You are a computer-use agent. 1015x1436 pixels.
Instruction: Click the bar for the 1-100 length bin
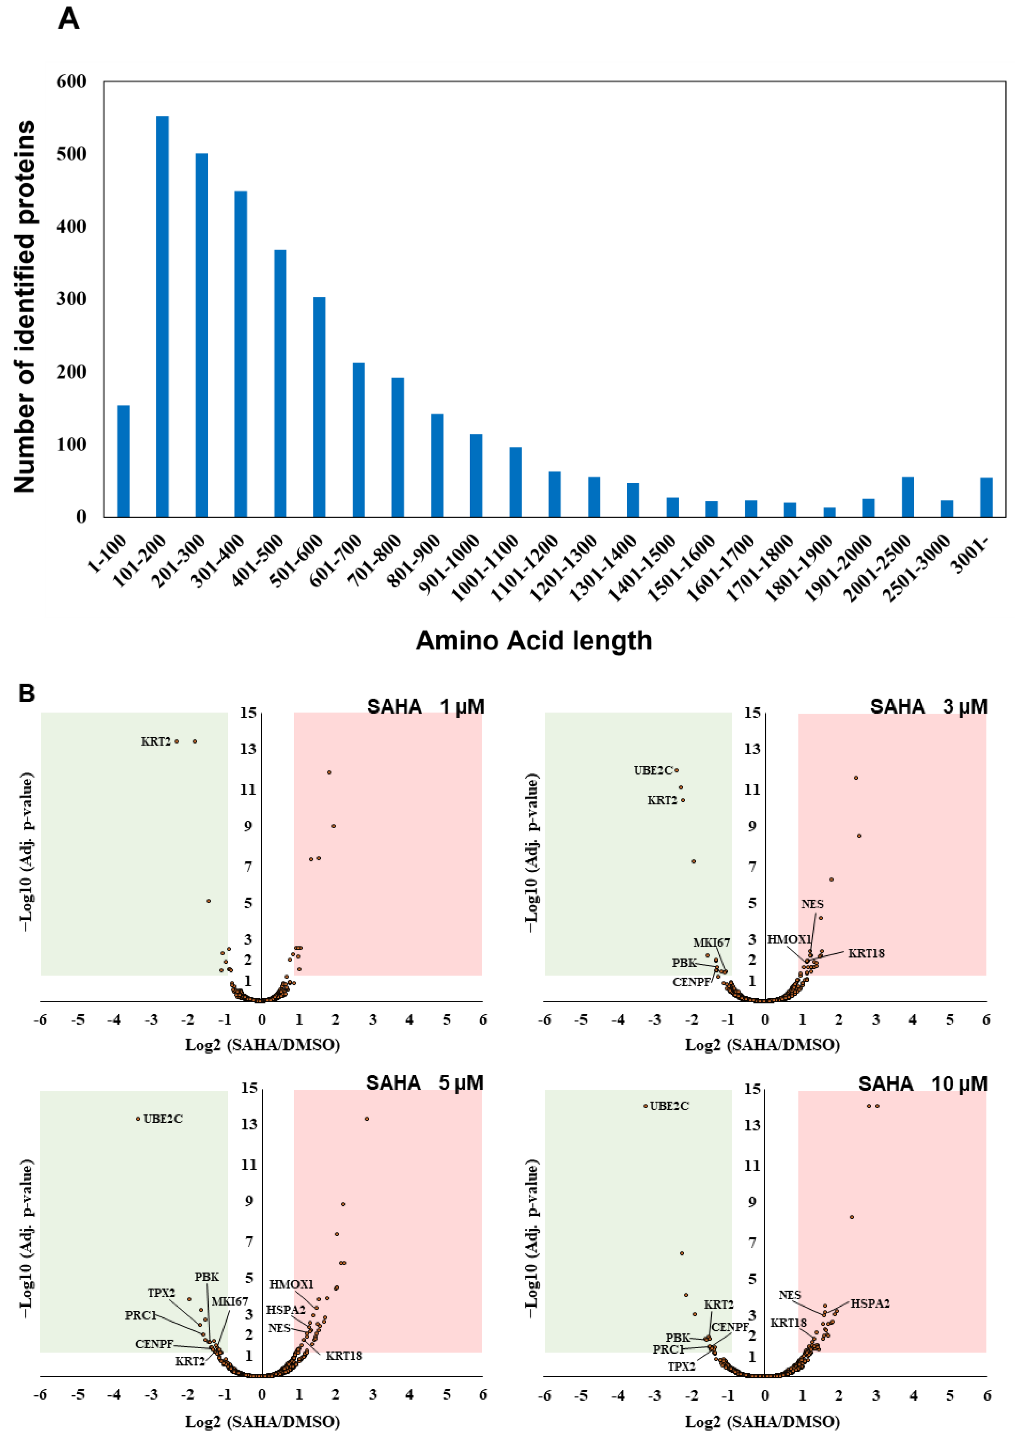(123, 461)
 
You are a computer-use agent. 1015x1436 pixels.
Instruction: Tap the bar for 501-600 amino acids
(319, 406)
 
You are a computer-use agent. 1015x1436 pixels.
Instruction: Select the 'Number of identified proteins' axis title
(25, 307)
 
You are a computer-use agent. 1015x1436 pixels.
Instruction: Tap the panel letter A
(69, 19)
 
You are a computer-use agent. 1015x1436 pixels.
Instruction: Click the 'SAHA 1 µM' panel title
(425, 707)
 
